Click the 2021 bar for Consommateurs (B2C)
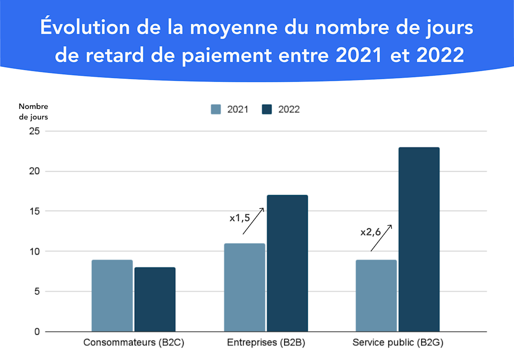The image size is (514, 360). (x=112, y=295)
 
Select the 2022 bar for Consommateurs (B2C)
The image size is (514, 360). (x=155, y=299)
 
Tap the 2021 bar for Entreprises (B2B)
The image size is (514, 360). (x=244, y=287)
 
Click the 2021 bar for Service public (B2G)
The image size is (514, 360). (x=376, y=295)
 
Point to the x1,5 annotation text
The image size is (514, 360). (x=240, y=218)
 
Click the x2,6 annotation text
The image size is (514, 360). (x=371, y=233)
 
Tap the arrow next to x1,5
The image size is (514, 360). (x=253, y=221)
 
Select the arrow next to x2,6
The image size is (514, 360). (x=381, y=238)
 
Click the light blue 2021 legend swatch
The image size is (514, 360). (x=216, y=109)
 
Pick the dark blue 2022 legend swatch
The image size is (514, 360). (x=267, y=109)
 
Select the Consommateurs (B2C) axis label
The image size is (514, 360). (x=134, y=343)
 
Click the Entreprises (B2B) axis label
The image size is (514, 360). (x=266, y=343)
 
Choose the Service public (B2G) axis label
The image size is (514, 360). (x=397, y=343)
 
